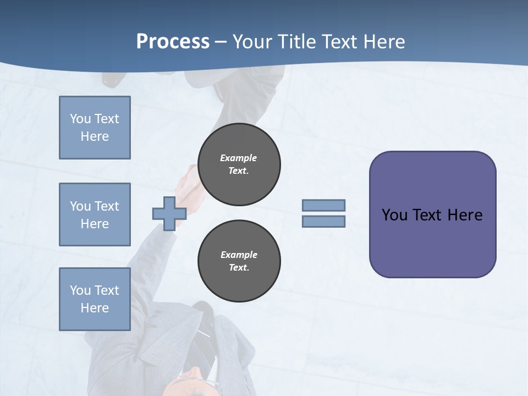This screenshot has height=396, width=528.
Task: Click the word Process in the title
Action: click(173, 41)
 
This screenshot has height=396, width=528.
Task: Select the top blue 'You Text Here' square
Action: click(95, 128)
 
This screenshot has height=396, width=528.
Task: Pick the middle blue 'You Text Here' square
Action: click(95, 215)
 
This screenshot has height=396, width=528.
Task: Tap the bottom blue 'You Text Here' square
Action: click(95, 299)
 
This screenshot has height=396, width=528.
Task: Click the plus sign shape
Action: click(169, 213)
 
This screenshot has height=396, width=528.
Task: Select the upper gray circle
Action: click(239, 164)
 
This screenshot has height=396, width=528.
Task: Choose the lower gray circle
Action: click(239, 261)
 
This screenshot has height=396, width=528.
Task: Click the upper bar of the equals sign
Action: click(323, 205)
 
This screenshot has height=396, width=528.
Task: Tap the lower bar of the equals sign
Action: click(323, 222)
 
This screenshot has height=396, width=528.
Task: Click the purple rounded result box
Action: click(432, 242)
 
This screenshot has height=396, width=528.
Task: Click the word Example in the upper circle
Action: click(238, 158)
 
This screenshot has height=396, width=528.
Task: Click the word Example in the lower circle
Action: click(239, 255)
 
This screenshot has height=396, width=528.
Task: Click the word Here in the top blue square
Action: click(95, 136)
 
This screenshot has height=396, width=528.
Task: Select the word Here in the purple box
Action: click(465, 215)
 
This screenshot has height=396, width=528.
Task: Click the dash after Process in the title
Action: click(221, 42)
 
